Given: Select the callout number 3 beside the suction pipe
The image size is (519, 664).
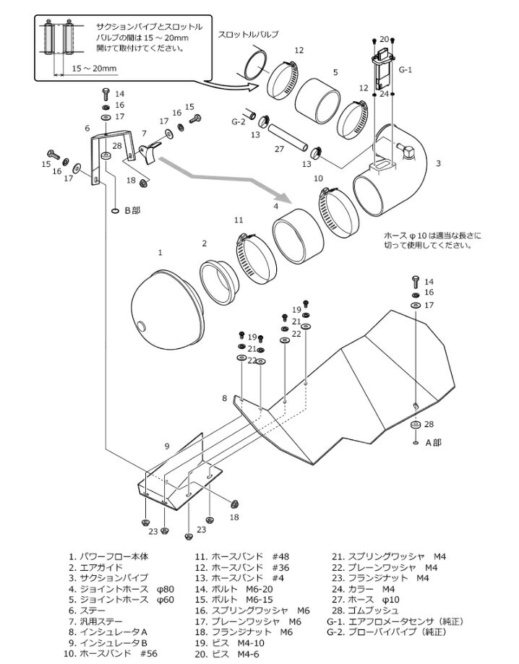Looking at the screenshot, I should [438, 164].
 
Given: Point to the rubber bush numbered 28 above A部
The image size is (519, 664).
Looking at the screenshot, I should [416, 426].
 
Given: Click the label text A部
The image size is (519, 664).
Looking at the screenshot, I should [432, 442].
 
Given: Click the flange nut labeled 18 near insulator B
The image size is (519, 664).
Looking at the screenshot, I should [235, 503].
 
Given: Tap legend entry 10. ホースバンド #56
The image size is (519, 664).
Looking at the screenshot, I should [119, 654].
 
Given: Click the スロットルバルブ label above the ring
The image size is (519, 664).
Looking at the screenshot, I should [248, 34].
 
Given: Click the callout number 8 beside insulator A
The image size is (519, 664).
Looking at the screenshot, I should [225, 398].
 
